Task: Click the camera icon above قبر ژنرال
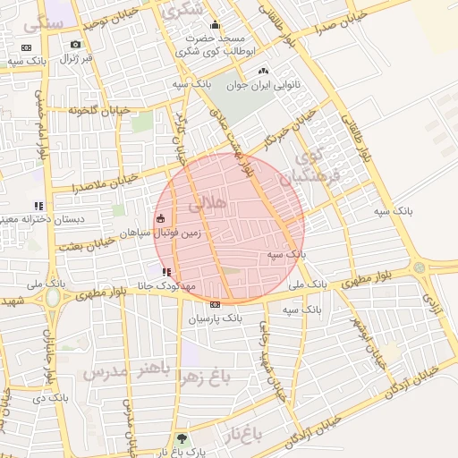pos(75,45)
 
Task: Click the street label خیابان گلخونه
pos(100,109)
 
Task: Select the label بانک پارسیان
pos(215,317)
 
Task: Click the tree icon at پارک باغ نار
pos(182,439)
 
